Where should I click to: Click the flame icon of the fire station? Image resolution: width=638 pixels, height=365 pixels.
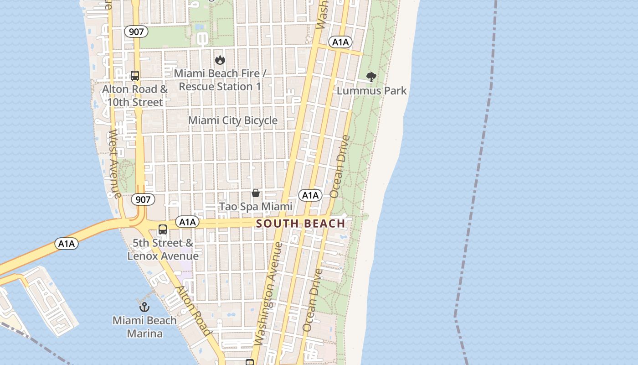tap(220, 60)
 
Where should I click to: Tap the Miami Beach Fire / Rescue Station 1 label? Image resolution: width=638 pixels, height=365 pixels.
tap(220, 80)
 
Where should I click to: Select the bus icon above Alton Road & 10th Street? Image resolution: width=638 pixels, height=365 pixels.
tap(135, 76)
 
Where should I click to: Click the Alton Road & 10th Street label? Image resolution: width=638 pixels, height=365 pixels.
tap(135, 96)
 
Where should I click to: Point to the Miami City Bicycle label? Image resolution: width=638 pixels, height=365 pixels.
tap(233, 120)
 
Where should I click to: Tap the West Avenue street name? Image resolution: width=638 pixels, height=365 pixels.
tap(114, 165)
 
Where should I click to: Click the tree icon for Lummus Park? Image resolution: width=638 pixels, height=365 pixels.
tap(371, 77)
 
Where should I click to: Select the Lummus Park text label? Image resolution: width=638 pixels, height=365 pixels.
tap(371, 91)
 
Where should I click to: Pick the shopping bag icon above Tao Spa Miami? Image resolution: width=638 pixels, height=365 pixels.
tap(256, 193)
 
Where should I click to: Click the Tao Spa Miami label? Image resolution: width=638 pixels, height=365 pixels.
tap(256, 207)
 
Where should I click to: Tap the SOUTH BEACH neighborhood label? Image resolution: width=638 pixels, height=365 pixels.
tap(301, 224)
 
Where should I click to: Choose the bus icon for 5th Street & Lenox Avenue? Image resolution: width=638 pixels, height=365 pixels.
tap(163, 229)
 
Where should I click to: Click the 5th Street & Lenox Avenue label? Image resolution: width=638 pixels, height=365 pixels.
tap(163, 250)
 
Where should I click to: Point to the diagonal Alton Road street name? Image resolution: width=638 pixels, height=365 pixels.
tap(194, 311)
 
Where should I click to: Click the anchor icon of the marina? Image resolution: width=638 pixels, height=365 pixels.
tap(144, 307)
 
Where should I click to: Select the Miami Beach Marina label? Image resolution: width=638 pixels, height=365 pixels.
tap(144, 327)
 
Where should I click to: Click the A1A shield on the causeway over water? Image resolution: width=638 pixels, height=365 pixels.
tap(67, 244)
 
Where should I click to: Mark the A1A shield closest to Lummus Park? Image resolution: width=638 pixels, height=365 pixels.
tap(340, 42)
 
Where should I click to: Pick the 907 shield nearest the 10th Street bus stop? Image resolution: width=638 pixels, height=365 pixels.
tap(136, 31)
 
